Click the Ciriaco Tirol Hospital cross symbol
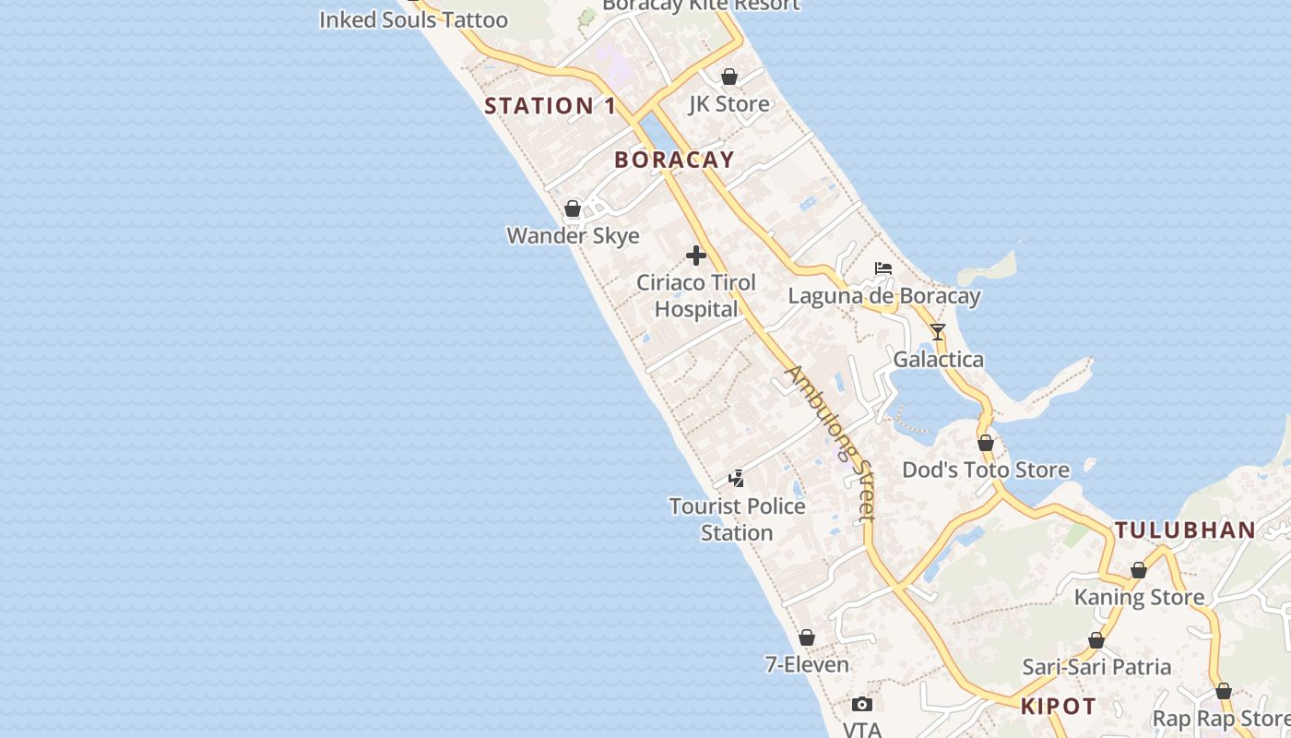[x=696, y=256]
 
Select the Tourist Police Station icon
[x=736, y=478]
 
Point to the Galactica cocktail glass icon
[x=938, y=332]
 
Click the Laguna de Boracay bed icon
[x=883, y=268]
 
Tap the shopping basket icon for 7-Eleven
[x=807, y=637]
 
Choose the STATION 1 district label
[x=551, y=106]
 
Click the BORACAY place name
[x=674, y=160]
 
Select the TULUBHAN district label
[x=1185, y=530]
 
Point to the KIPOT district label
[x=1059, y=708]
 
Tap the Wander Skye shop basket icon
[x=573, y=208]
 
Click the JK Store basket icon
[x=729, y=77]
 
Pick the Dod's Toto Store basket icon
[x=986, y=443]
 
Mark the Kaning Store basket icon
[x=1139, y=570]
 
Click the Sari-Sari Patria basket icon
[x=1096, y=640]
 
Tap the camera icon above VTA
[x=862, y=705]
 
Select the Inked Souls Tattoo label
[x=413, y=19]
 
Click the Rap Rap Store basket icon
[x=1224, y=691]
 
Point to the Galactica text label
[x=939, y=359]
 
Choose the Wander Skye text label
[x=573, y=235]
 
